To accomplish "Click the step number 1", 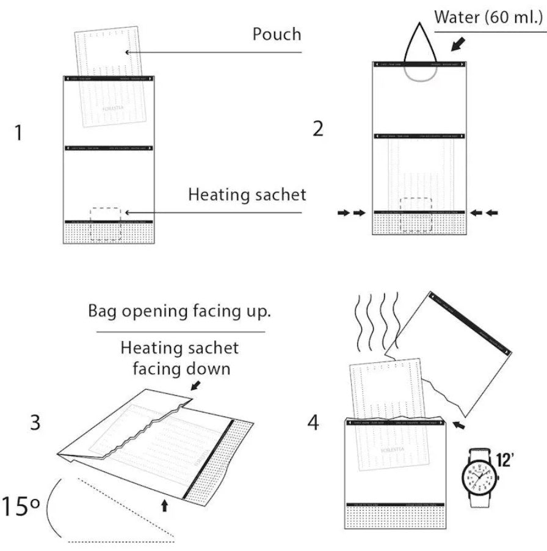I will point(19,132).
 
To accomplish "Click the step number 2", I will point(317,130).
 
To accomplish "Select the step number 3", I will point(35,421).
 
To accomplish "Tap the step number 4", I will point(313,422).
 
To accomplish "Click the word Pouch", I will point(277,34).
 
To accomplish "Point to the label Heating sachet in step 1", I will point(247,195).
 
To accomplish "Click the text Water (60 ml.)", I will point(488,16).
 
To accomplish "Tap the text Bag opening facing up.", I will point(179,311).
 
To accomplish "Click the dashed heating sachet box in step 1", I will point(105,223).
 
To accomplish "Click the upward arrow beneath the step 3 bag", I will point(164,504).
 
